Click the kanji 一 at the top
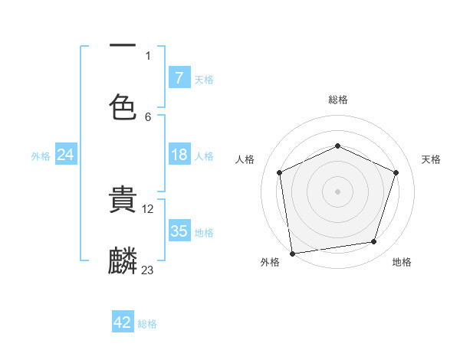coord(123,46)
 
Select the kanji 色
coord(123,106)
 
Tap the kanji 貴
coord(123,201)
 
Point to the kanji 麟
coord(123,261)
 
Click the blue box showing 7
coord(179,78)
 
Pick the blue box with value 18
coord(179,155)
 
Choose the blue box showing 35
coord(179,231)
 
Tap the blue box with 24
coord(65,155)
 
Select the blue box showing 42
coord(123,322)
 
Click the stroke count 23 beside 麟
coord(148,270)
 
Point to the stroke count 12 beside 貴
coord(148,208)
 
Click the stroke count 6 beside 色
coord(148,116)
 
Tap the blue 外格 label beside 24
coord(41,156)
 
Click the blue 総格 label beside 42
coord(147,324)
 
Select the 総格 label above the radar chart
coord(338,100)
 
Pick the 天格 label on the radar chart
coord(431,159)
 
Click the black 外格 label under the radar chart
coord(270,262)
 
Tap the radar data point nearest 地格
coord(374,242)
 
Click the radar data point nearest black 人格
coord(280,172)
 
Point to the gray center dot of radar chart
coord(337,191)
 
